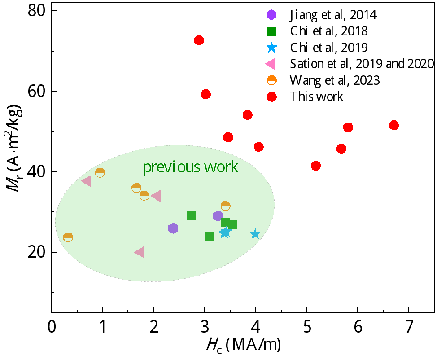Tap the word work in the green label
coord(221,167)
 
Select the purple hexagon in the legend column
coord(271,15)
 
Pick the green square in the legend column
coord(272,31)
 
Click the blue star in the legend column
coord(271,48)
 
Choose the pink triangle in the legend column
coord(271,64)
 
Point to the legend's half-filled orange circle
coord(272,80)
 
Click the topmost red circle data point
coord(199,40)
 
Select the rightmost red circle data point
coord(394,125)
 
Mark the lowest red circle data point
coord(316,166)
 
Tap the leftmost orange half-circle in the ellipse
coord(68,237)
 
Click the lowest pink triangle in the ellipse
coord(140,252)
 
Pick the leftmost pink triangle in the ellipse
coord(87,181)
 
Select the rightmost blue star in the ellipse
coord(255,234)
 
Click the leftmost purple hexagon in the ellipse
coord(173,228)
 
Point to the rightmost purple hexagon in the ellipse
coord(218,216)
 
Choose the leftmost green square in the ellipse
coord(192,216)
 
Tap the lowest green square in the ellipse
coord(209,236)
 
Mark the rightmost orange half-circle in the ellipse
coord(226,206)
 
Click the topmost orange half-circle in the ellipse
coord(100,173)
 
